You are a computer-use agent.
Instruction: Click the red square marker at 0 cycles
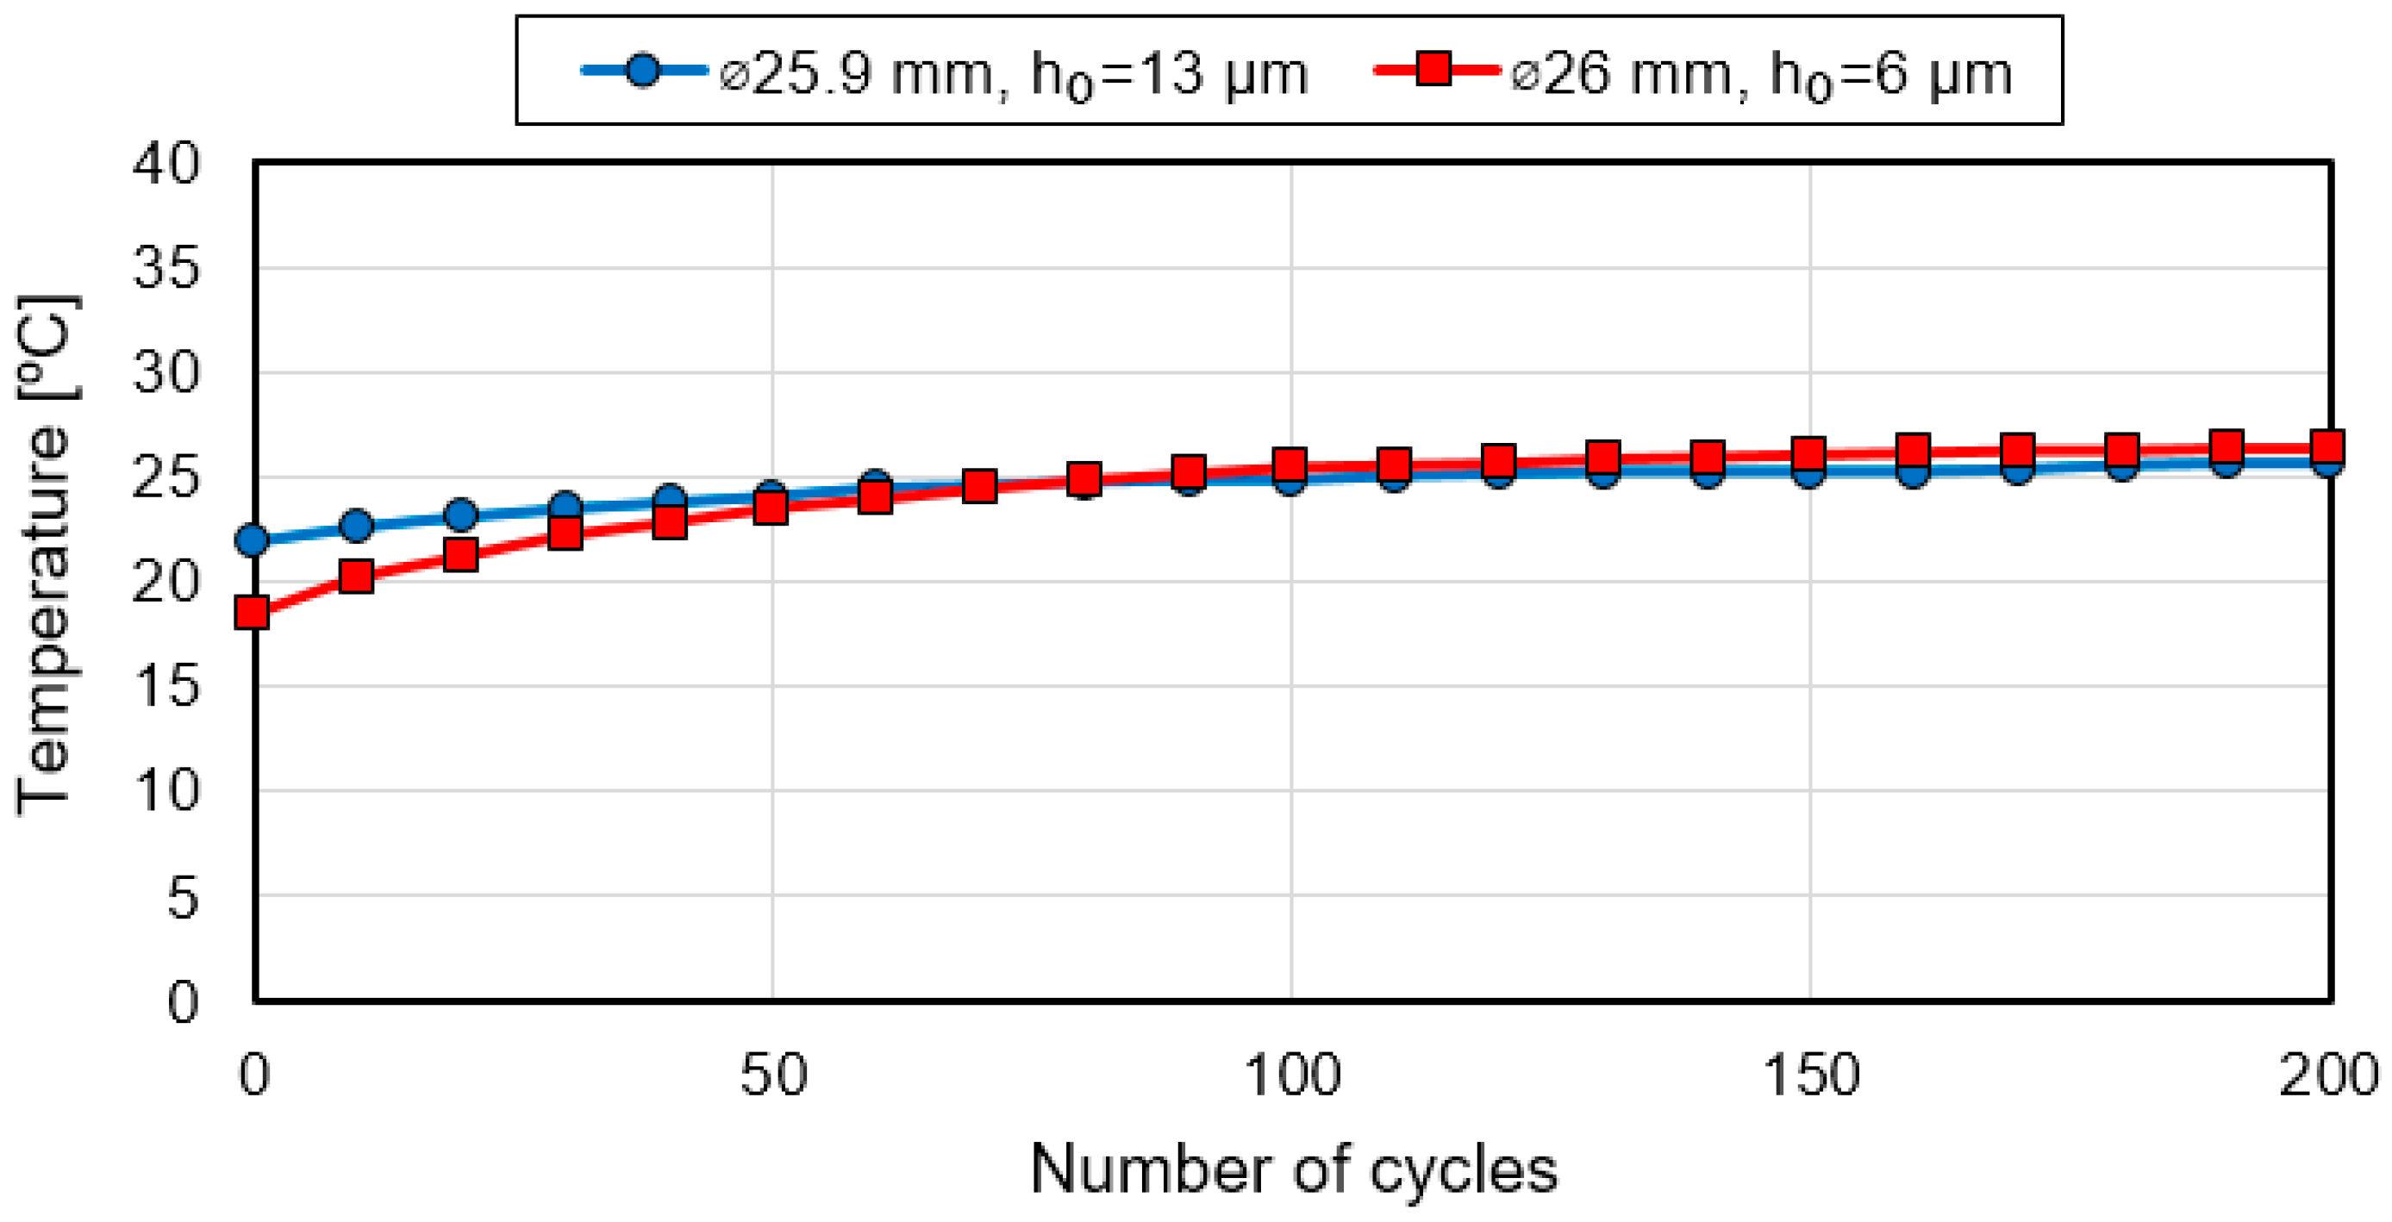click(253, 613)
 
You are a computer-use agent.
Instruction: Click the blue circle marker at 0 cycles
click(253, 539)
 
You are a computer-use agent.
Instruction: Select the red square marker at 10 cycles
click(357, 577)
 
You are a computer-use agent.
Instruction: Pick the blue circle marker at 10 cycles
click(357, 526)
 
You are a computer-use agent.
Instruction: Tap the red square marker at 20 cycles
click(460, 555)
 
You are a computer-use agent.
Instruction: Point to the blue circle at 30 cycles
click(565, 506)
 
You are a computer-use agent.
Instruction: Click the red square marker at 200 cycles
click(2327, 446)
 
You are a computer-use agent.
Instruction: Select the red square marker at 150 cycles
click(1808, 453)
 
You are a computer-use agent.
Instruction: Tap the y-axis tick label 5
click(183, 898)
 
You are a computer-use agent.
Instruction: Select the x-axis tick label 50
click(772, 1075)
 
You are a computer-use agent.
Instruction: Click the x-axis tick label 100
click(1291, 1075)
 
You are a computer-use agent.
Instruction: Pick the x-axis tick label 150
click(1810, 1075)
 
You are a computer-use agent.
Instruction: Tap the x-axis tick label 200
click(2327, 1075)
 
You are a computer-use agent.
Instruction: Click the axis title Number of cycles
click(1294, 1169)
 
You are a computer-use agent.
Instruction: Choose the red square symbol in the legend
click(1433, 70)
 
